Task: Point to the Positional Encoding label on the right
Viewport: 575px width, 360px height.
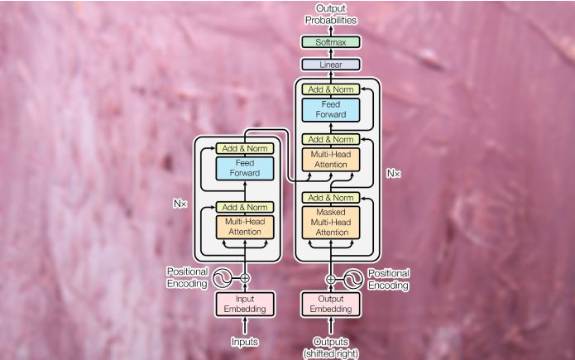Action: [x=388, y=279]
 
